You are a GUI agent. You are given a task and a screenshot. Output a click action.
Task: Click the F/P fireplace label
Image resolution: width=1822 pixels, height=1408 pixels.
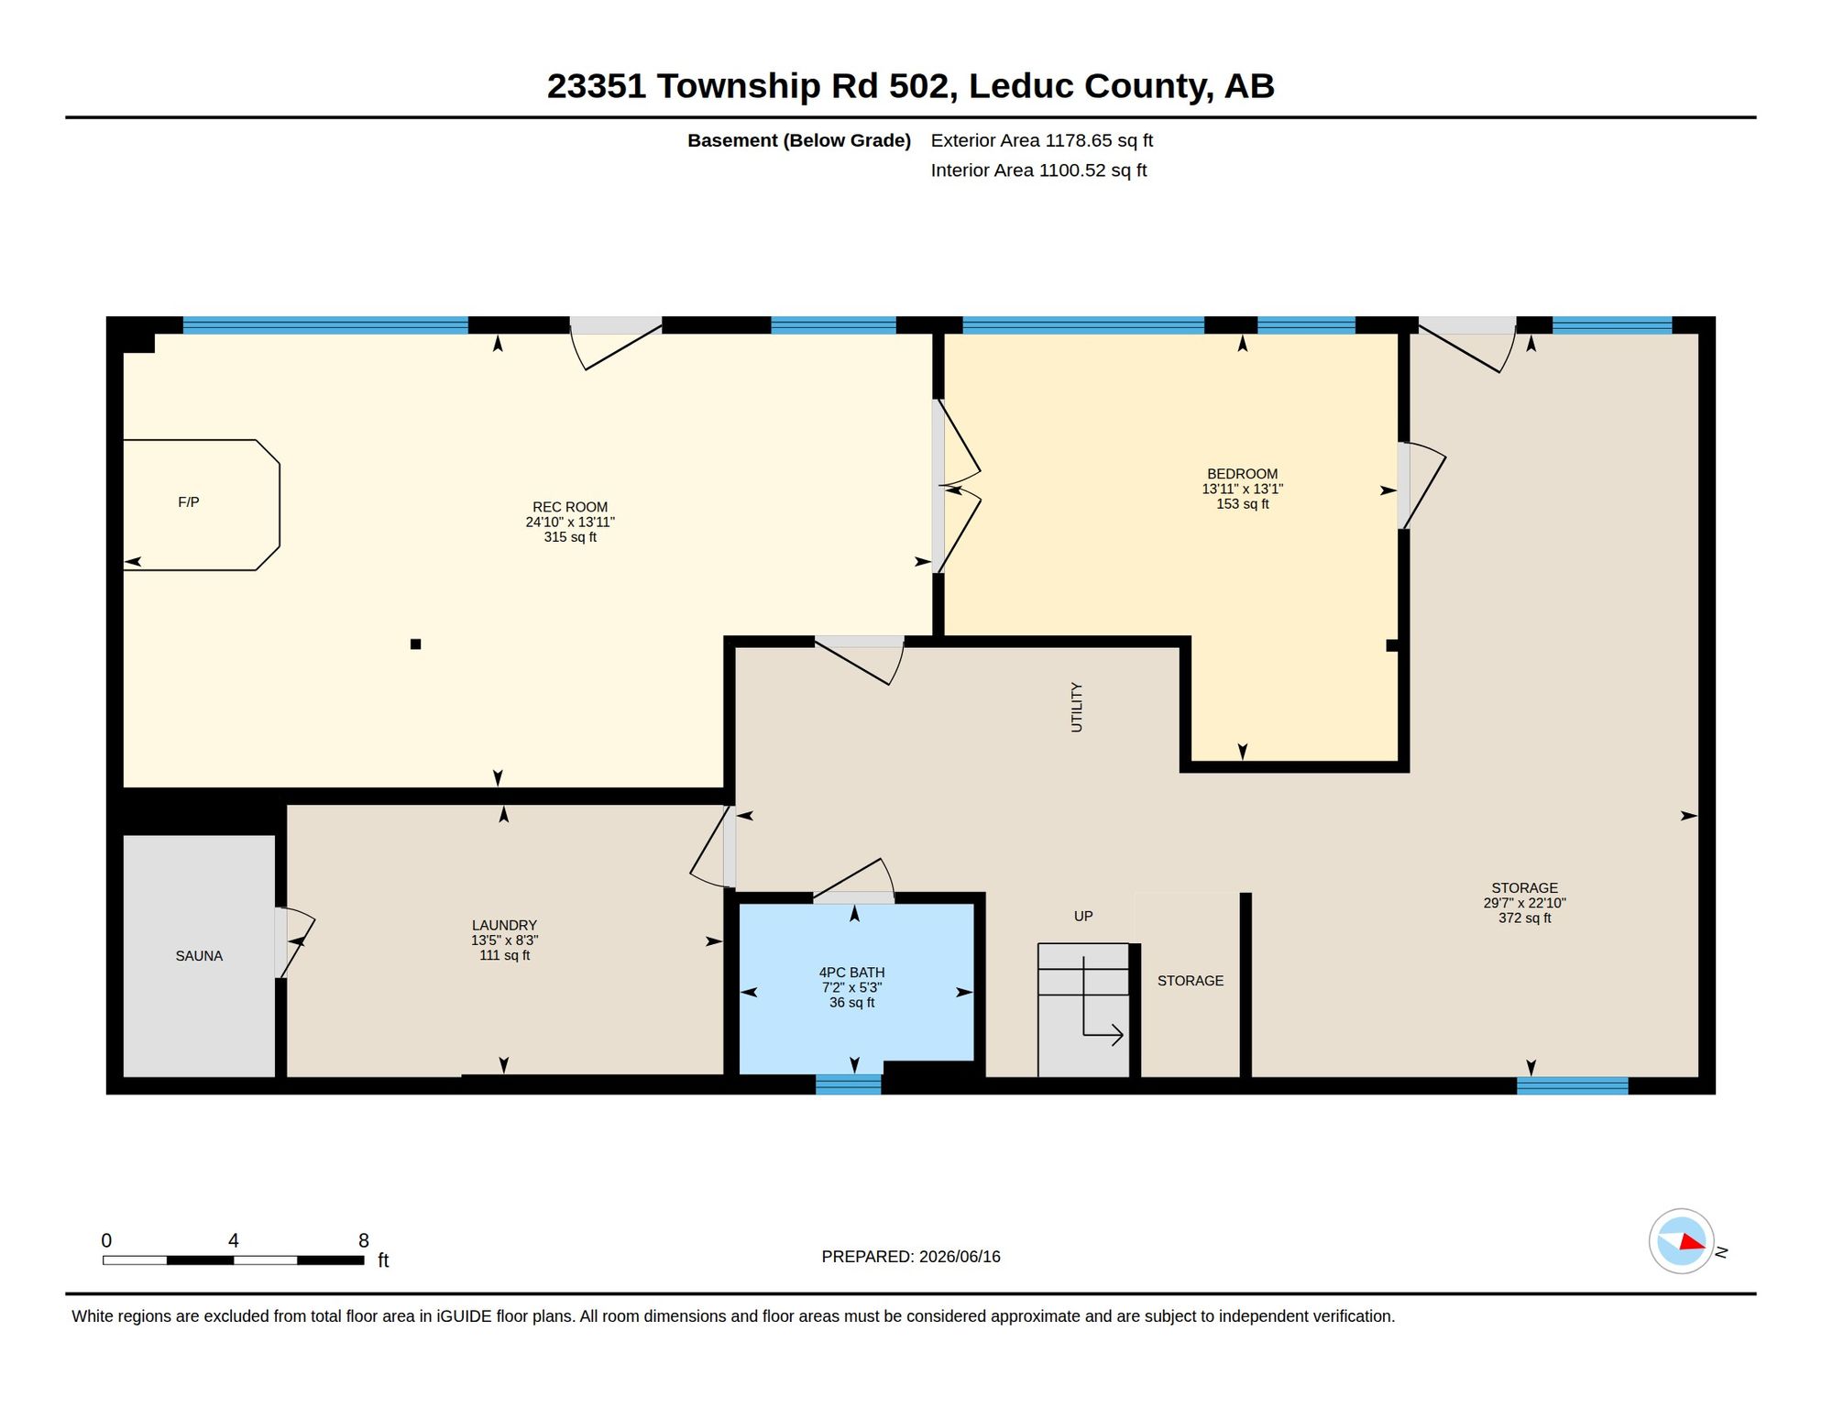click(x=188, y=502)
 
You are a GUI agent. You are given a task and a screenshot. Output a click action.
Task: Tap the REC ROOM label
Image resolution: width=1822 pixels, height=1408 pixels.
click(x=570, y=507)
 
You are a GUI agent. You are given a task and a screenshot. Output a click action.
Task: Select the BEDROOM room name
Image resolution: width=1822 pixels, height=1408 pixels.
click(x=1242, y=474)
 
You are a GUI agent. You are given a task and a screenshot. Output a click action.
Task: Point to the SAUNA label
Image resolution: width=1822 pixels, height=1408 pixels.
click(x=199, y=956)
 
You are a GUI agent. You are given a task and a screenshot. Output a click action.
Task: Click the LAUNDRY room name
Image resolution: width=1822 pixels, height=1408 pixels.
click(x=504, y=926)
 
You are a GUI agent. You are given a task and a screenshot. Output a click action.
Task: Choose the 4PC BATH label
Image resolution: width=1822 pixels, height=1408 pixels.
click(x=851, y=973)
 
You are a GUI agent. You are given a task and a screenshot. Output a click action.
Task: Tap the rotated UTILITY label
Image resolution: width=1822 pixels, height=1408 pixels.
click(x=1077, y=707)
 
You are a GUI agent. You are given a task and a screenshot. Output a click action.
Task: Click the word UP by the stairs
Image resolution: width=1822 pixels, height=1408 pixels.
click(x=1083, y=917)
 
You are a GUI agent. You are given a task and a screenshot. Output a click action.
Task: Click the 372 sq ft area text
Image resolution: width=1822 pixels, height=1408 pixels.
click(x=1524, y=918)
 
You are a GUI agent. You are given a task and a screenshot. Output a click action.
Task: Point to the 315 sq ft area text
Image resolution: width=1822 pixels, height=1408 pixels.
click(x=570, y=537)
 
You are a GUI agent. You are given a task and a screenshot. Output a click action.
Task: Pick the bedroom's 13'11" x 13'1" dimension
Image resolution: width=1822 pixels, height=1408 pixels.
click(x=1242, y=489)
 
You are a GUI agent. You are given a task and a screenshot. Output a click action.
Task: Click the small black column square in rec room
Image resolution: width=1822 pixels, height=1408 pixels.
click(x=415, y=644)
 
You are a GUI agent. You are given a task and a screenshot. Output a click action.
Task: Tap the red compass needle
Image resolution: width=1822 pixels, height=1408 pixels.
click(x=1692, y=1242)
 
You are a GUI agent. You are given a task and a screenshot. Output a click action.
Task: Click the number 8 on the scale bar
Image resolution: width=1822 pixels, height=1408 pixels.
click(x=364, y=1240)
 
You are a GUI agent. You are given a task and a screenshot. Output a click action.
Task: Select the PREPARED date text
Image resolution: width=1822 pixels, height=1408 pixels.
click(x=910, y=1257)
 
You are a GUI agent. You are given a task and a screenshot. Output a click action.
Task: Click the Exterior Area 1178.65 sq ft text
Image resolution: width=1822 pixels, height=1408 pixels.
click(x=1041, y=140)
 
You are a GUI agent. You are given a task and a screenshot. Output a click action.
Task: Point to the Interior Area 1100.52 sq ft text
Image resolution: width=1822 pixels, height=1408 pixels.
click(x=1038, y=170)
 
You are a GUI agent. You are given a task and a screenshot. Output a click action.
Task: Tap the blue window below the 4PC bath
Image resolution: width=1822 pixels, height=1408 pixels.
click(x=848, y=1084)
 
